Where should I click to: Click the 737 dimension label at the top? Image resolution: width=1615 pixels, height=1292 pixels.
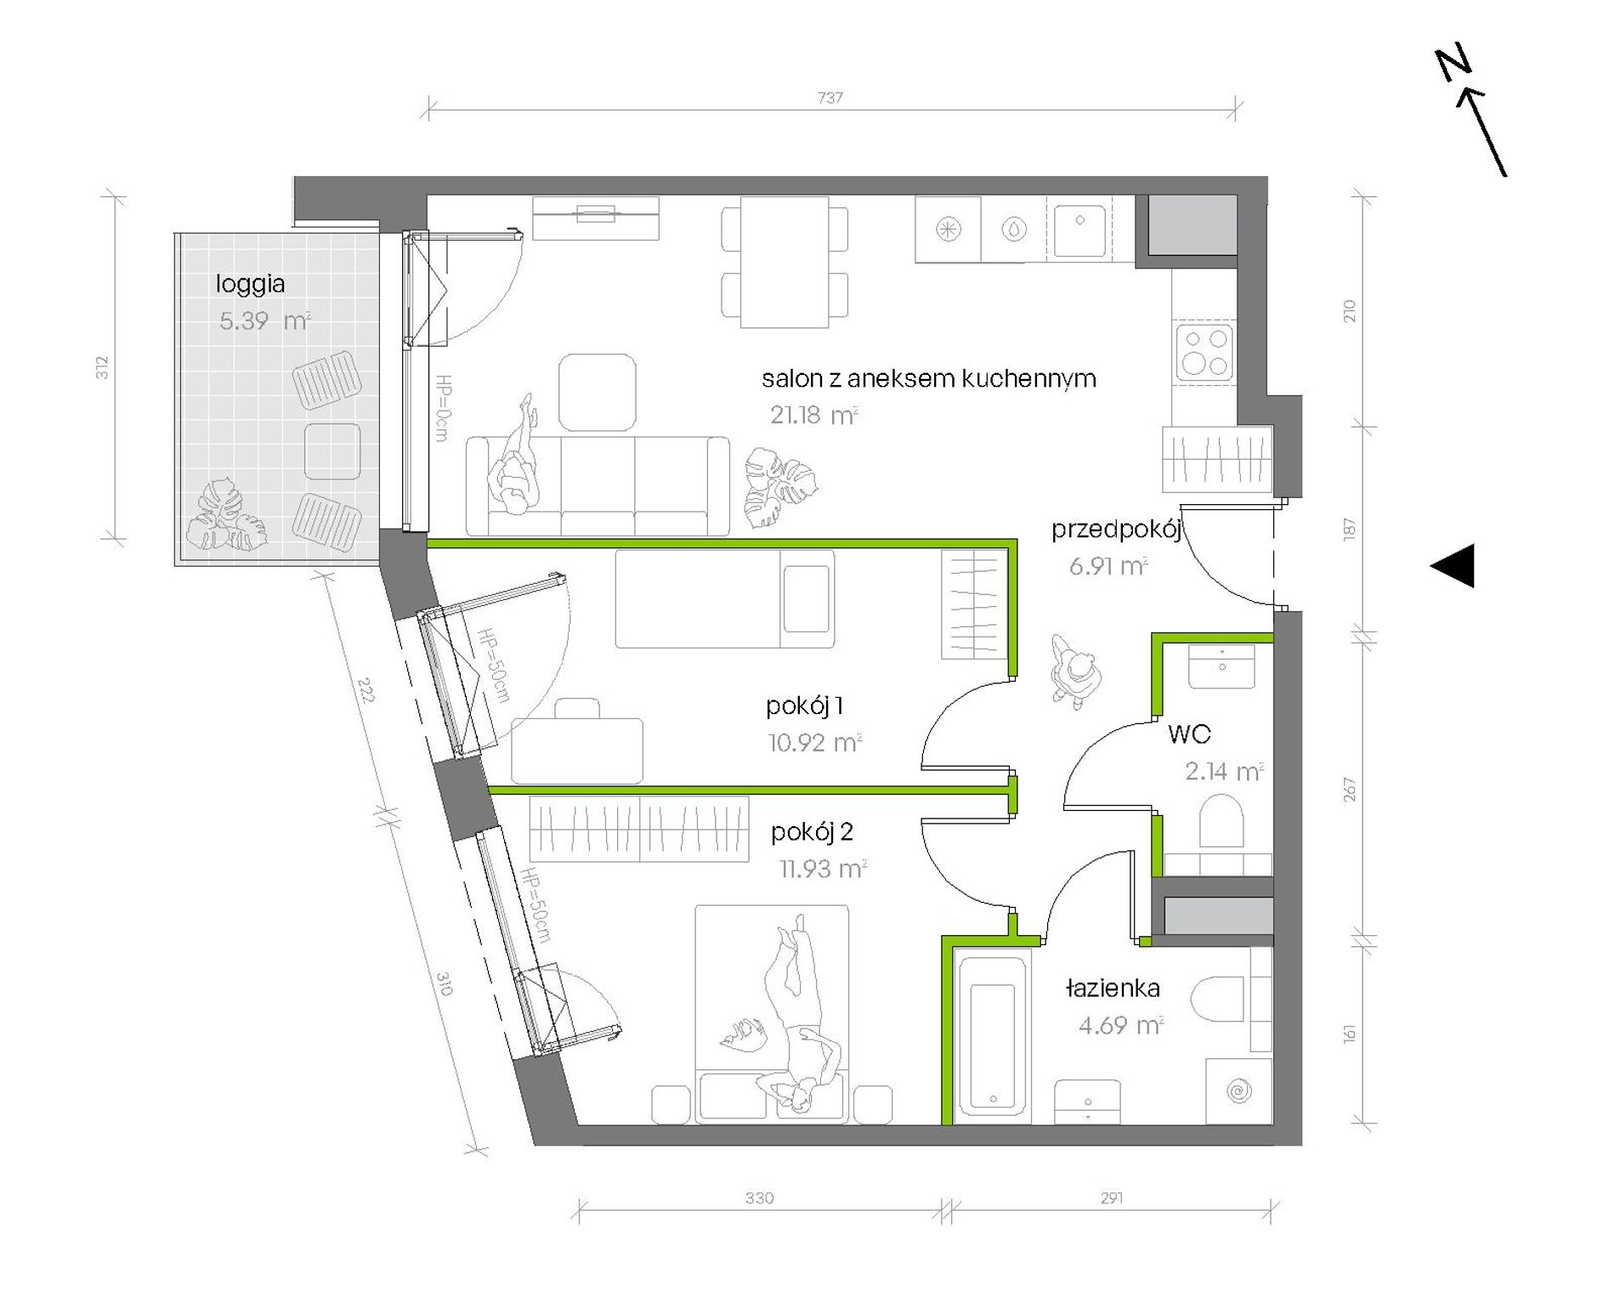(x=830, y=98)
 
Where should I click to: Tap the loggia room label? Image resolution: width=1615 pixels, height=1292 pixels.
(x=250, y=284)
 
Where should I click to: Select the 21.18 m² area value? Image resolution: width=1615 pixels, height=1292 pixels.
(x=814, y=415)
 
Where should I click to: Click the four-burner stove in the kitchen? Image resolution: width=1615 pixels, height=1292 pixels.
(x=1205, y=351)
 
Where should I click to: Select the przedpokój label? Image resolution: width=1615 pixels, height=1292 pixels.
(x=1116, y=530)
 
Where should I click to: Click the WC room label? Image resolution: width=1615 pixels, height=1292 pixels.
(x=1189, y=734)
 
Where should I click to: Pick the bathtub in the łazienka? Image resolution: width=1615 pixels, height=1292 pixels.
(x=993, y=1034)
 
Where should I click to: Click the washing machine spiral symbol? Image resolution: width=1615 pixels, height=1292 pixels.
(x=1239, y=1091)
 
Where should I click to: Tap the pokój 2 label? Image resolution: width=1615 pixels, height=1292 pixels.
(x=812, y=831)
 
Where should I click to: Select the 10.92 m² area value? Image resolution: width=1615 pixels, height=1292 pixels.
(x=815, y=742)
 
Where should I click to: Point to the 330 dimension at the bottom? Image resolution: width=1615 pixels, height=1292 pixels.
(x=759, y=1198)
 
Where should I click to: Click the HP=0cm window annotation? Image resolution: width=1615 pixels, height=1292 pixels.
(x=442, y=408)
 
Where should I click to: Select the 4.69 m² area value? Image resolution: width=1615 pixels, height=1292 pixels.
(x=1121, y=1025)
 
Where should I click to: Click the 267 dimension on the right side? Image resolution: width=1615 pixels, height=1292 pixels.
(x=1350, y=790)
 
